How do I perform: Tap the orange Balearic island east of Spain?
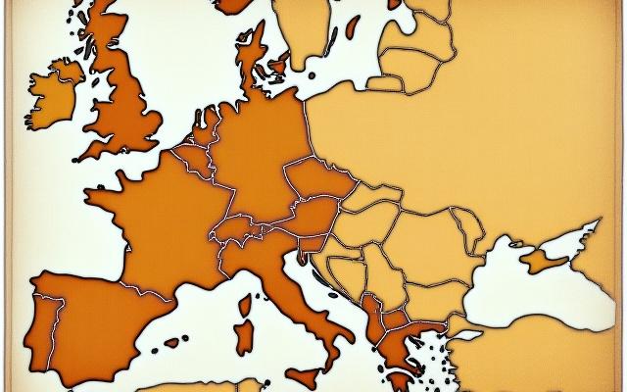pos(174,343)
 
